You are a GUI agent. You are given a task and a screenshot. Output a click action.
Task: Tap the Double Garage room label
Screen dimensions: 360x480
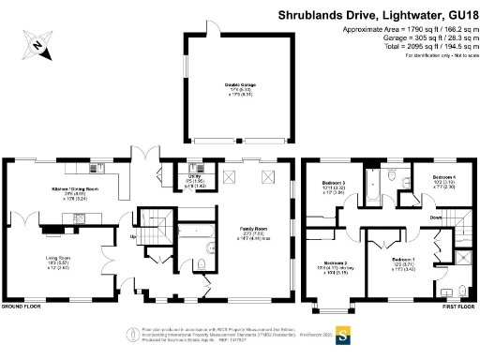(240, 87)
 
